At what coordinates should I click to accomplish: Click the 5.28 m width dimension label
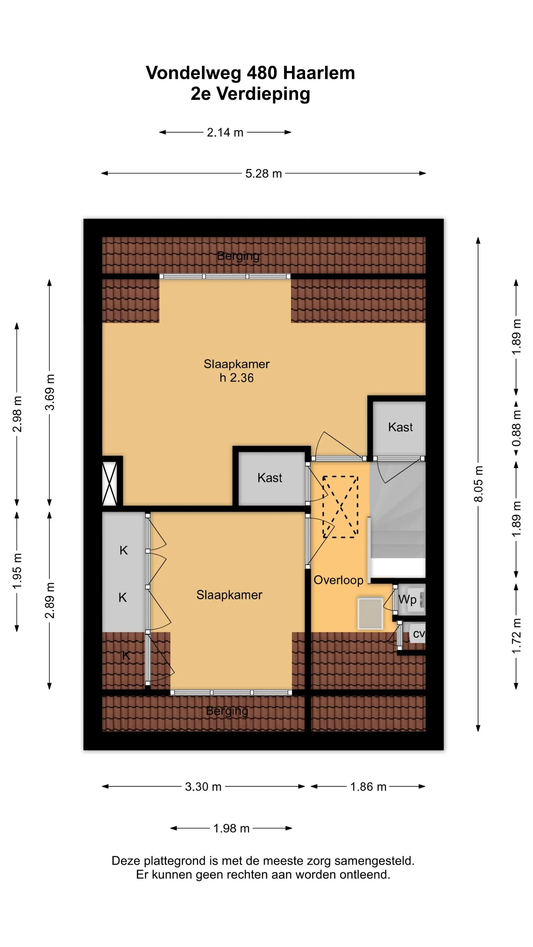click(x=263, y=174)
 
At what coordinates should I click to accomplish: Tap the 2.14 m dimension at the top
click(x=225, y=132)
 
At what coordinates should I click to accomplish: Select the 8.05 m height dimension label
click(x=478, y=484)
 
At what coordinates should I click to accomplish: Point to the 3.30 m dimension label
click(x=203, y=787)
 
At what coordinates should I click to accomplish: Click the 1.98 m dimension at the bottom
click(x=231, y=828)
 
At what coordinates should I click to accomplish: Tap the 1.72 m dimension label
click(x=517, y=636)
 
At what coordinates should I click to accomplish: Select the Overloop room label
click(x=338, y=580)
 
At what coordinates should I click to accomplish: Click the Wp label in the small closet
click(x=408, y=599)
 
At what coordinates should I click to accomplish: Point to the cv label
click(x=419, y=634)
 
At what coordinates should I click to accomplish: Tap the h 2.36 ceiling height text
click(x=237, y=378)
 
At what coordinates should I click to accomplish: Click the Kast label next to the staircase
click(x=400, y=427)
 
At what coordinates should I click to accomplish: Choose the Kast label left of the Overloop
click(x=270, y=478)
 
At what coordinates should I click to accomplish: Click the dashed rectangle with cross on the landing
click(x=340, y=507)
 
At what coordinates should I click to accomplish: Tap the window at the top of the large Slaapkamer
click(x=225, y=277)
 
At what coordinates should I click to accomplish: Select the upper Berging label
click(x=238, y=256)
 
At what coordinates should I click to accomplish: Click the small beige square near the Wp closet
click(x=370, y=613)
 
